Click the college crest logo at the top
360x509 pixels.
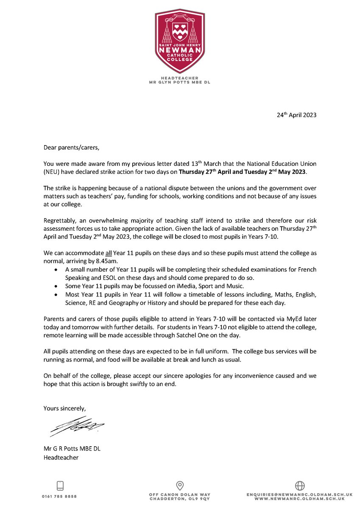tap(180, 40)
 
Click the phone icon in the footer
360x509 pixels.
tap(59, 486)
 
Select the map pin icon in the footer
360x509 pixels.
tap(179, 486)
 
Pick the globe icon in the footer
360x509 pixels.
tap(300, 486)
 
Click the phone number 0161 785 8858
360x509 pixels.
tap(59, 496)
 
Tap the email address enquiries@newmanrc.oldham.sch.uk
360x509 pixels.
tap(300, 495)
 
